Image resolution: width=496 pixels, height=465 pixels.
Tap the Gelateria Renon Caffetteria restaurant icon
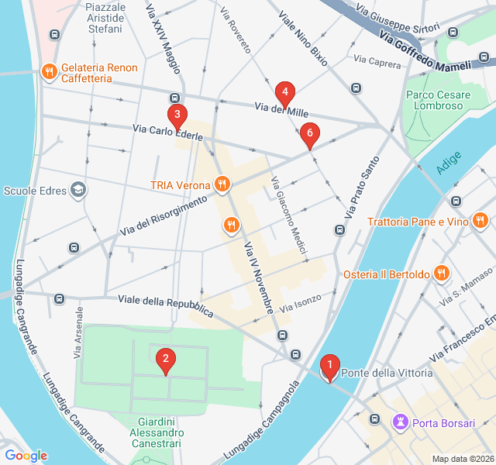(49, 71)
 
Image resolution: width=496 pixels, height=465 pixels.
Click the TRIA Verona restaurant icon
(222, 184)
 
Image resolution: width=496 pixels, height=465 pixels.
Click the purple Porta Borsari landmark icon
(401, 422)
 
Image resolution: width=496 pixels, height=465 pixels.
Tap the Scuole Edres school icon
(77, 189)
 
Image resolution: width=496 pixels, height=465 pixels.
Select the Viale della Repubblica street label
(165, 305)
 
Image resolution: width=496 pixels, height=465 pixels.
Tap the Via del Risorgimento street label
(164, 216)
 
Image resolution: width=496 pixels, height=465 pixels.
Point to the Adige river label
(448, 163)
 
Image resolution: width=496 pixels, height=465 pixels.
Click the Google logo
(26, 456)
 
